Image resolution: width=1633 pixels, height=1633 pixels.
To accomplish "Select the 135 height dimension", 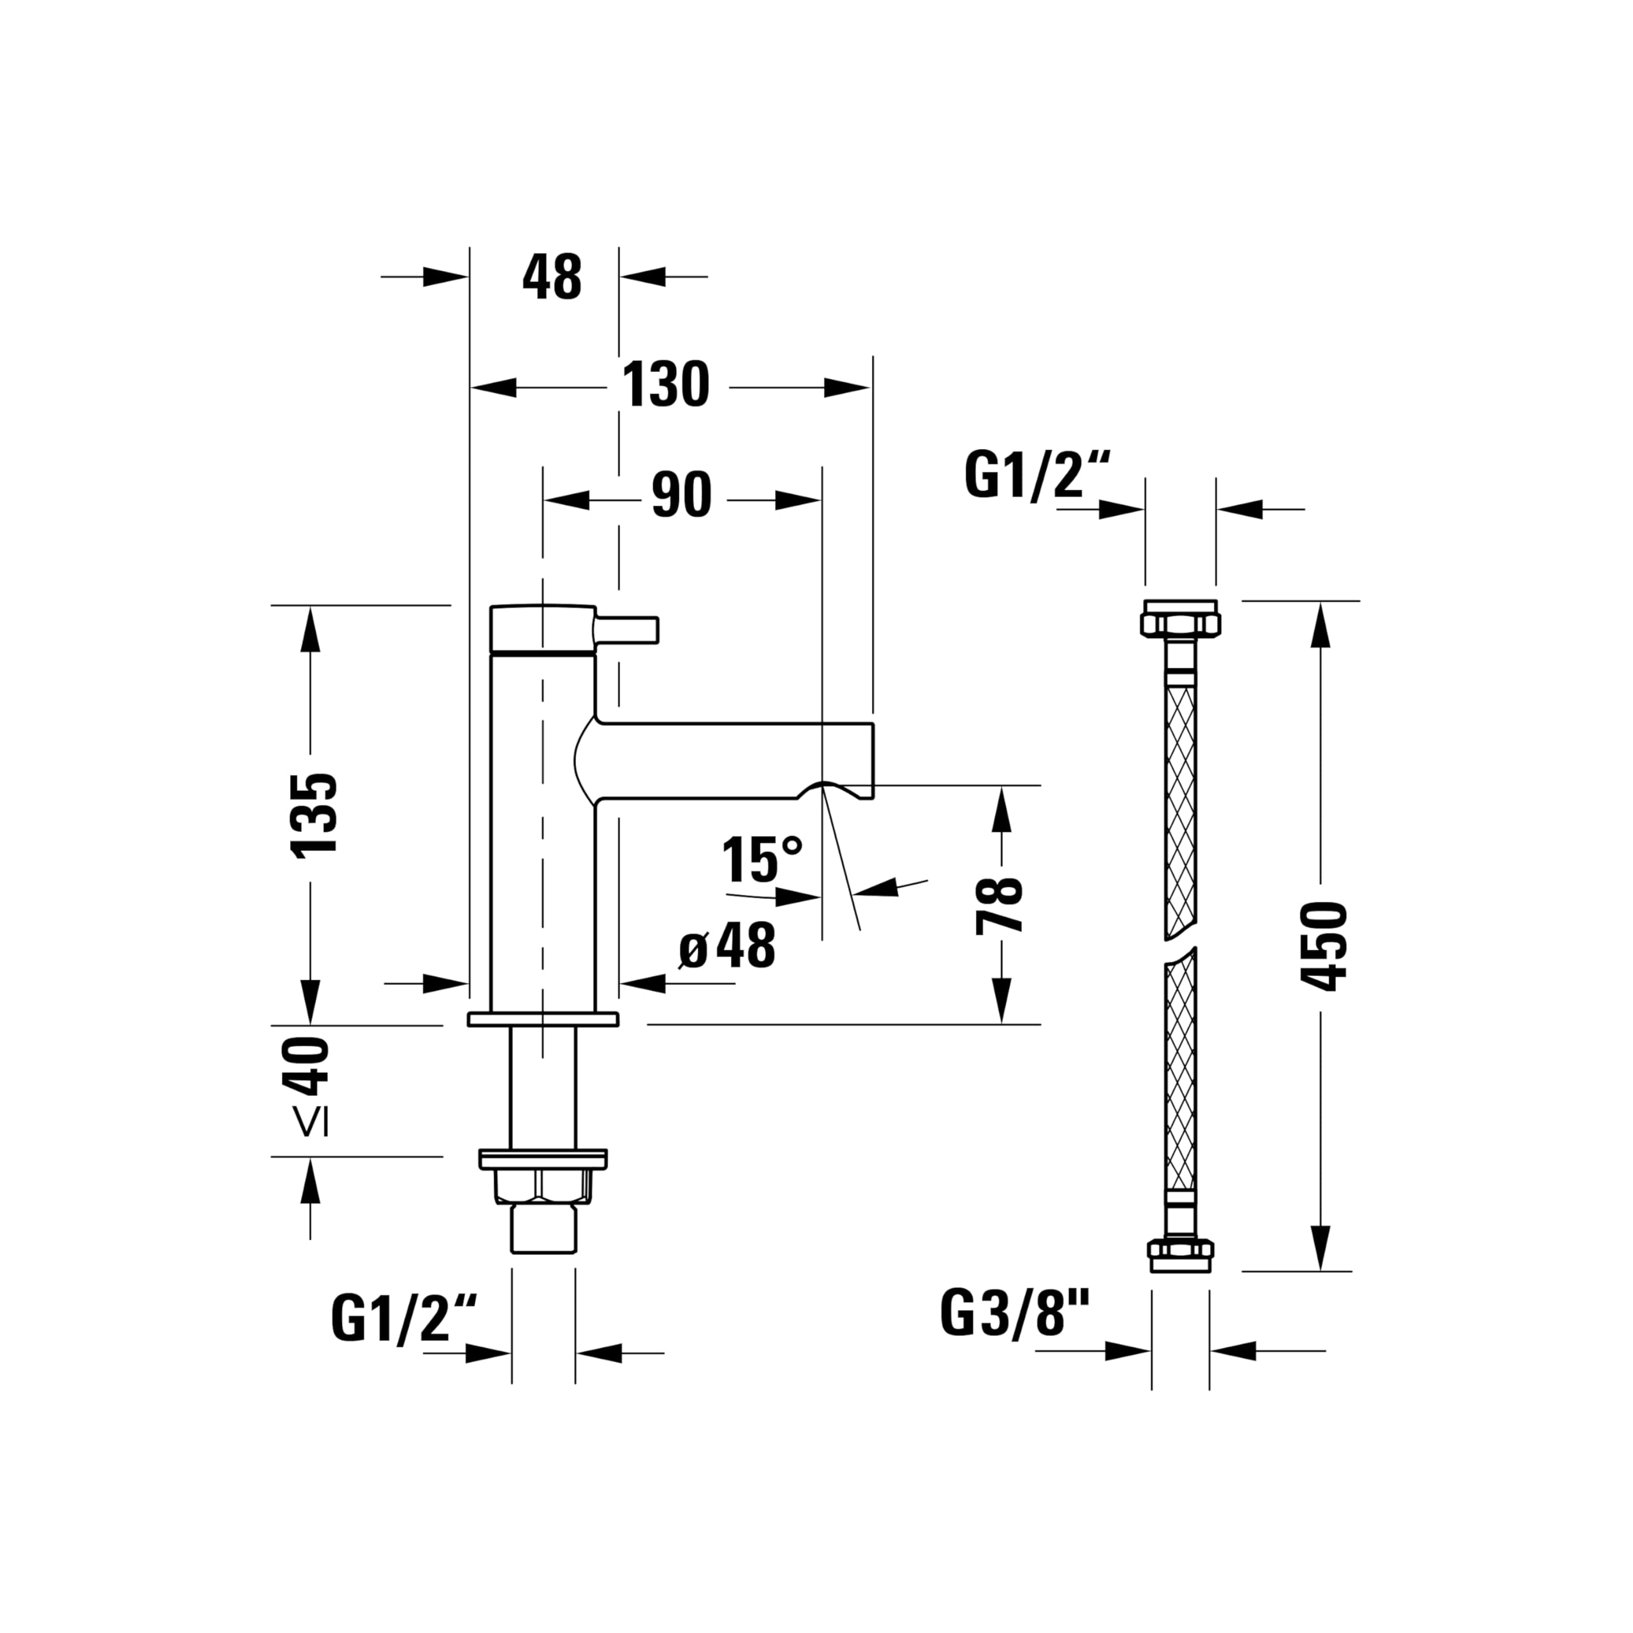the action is pos(314,815).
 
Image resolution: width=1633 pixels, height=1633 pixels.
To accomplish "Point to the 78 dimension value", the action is pos(1000,905).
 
